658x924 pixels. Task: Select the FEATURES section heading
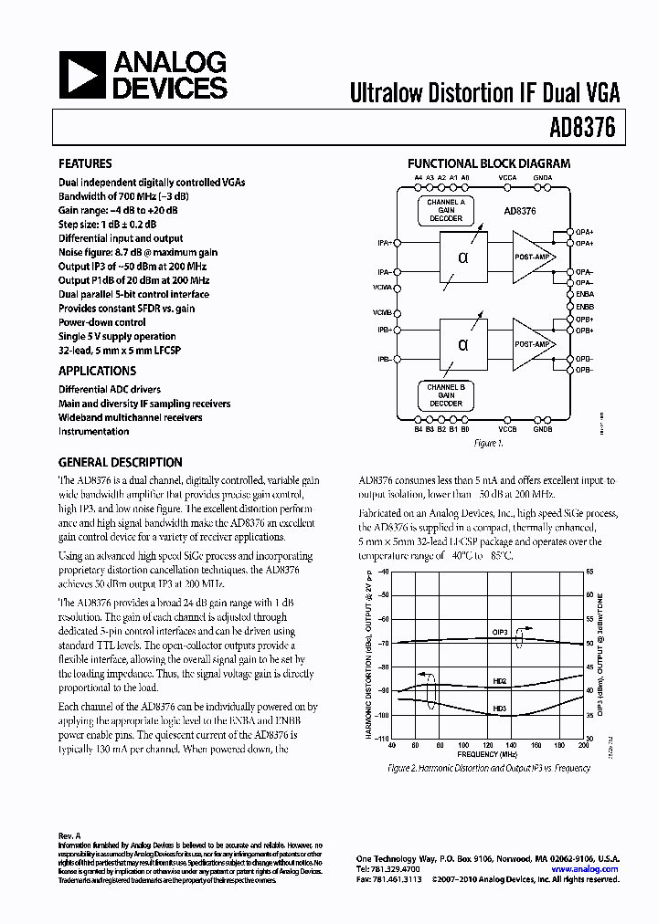click(85, 164)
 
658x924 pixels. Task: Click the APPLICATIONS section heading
click(97, 371)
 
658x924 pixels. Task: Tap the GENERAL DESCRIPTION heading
click(120, 462)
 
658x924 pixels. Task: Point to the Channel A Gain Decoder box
click(445, 210)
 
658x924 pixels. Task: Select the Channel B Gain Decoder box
click(445, 394)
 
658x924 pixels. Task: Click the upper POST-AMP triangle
click(533, 257)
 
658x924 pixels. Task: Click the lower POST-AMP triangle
click(533, 344)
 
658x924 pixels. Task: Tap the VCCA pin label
click(507, 178)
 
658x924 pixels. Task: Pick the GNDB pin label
click(542, 428)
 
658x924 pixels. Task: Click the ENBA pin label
click(585, 295)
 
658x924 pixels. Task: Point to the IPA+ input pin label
click(384, 243)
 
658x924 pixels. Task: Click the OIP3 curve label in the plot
click(501, 630)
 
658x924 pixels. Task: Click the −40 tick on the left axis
click(383, 571)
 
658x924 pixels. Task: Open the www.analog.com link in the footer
click(585, 870)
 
